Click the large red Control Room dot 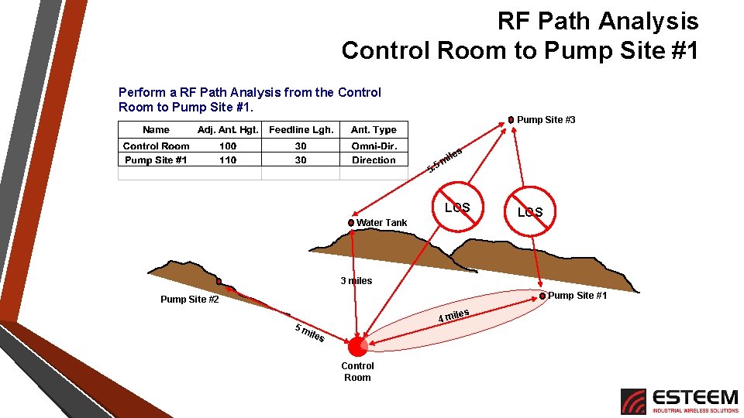357,345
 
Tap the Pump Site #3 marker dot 511,120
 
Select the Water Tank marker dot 351,223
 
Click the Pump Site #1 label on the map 577,296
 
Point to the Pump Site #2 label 190,300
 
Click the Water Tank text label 381,223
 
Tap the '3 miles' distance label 356,281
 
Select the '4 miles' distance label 453,316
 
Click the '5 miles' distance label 309,333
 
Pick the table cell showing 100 228,146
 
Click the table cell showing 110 228,160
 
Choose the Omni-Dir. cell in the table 374,146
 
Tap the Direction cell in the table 374,160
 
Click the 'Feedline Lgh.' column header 301,130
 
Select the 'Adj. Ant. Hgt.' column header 228,130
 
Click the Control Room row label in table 156,146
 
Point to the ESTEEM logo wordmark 695,397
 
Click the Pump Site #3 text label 546,120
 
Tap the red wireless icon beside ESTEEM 633,401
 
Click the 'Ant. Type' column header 374,130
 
